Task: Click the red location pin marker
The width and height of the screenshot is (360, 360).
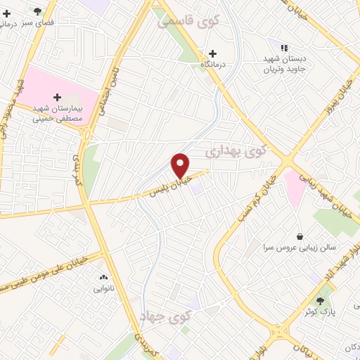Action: coord(181,165)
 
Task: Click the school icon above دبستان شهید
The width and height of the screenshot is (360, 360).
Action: coord(284,47)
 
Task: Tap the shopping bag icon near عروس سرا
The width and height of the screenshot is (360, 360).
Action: coord(301,236)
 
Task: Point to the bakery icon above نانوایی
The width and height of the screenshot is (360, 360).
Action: coord(103,278)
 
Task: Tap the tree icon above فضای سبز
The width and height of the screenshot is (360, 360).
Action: coord(37,11)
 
